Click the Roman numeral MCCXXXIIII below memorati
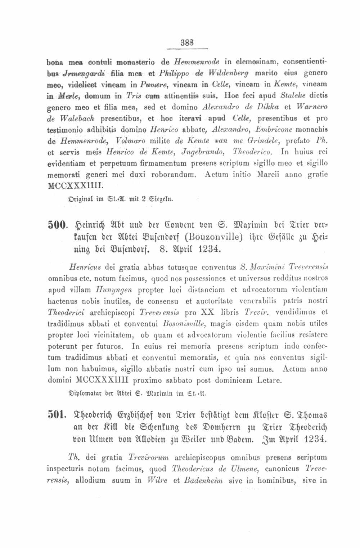coord(76,187)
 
